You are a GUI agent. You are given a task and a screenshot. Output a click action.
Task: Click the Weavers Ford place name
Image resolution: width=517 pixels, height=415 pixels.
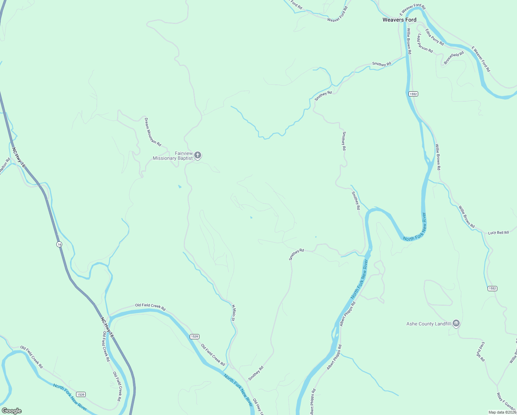coord(399,20)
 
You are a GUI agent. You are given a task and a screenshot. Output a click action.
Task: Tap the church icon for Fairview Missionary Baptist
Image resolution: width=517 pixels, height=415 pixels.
coord(198,155)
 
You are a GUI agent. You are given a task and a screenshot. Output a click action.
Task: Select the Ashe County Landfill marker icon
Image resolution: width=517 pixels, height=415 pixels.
coord(456,324)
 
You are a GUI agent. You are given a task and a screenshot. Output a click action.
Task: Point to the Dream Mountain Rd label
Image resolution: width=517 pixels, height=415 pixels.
coord(153,132)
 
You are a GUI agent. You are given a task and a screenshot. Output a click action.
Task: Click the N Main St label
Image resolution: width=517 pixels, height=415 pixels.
coord(233,313)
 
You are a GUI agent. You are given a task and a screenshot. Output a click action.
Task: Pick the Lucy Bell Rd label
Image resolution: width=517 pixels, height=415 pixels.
coord(498,233)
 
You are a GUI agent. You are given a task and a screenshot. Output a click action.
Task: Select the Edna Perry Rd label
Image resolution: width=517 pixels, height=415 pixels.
coord(434,37)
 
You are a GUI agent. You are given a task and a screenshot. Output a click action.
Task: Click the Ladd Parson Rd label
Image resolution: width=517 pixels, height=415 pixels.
coord(425,43)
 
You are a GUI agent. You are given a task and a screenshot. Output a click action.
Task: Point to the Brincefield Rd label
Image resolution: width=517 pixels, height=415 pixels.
coord(454,58)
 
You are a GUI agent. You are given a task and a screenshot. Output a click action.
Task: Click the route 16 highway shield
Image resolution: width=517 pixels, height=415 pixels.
coord(59,244)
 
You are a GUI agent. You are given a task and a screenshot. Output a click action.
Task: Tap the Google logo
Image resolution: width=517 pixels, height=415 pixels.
coord(12,411)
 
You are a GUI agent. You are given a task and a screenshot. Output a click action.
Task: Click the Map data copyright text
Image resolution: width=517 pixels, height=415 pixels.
coord(502,412)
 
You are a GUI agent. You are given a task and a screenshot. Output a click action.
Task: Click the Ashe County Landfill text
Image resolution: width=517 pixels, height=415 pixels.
coord(429,324)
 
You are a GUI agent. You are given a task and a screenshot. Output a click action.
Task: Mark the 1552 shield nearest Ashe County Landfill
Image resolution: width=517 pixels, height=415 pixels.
coord(492,288)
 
